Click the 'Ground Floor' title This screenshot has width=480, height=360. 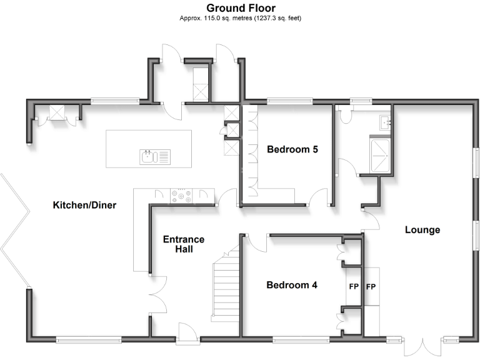click(241, 8)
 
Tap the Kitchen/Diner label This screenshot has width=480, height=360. click(84, 205)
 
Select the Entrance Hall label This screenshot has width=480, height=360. click(183, 244)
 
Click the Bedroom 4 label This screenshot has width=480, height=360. click(292, 285)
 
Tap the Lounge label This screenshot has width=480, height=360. click(422, 229)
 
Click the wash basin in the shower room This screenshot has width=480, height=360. click(385, 122)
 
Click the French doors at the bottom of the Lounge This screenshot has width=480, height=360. click(422, 347)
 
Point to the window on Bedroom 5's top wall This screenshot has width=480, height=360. click(288, 100)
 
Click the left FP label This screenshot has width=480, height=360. click(353, 287)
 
